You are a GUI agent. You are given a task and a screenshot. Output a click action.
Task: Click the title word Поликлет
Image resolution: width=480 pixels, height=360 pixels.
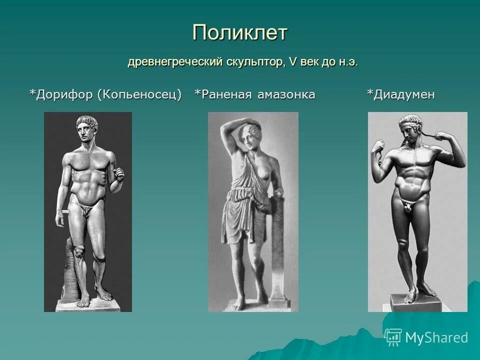[240, 33]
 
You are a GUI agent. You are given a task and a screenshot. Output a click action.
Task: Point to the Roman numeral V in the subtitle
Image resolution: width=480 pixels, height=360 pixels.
[293, 63]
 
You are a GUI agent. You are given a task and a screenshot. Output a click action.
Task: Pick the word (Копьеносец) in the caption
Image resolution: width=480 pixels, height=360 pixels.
[139, 94]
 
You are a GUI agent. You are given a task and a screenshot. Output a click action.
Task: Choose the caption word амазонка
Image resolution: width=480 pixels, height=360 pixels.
[286, 94]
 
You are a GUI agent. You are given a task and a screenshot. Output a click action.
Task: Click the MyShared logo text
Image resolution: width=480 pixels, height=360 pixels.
[436, 338]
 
